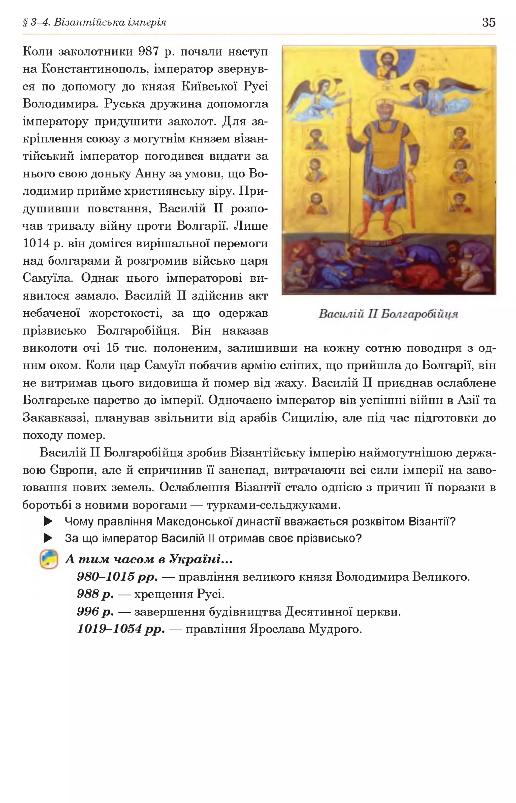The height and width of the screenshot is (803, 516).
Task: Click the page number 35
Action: pos(489,22)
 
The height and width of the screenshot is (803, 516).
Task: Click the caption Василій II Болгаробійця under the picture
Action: pos(388,314)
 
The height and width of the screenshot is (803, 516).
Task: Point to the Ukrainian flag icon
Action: pos(49,559)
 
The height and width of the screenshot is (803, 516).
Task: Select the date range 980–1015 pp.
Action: pos(117,577)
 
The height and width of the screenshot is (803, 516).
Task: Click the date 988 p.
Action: pos(95,594)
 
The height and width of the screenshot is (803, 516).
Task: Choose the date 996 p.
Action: pos(95,612)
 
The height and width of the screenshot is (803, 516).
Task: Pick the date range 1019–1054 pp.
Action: pos(121,629)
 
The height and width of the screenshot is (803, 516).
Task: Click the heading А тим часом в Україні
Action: pos(149,559)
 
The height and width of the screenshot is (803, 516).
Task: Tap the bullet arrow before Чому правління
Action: pos(49,521)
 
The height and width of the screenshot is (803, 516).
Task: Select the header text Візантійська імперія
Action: pos(110,22)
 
